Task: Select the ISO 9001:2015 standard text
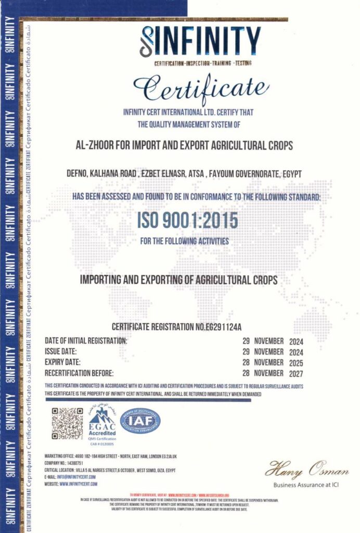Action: pos(187,221)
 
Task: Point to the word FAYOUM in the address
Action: pos(226,173)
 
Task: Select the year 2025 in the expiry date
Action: pos(294,362)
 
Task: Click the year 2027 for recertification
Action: pos(294,373)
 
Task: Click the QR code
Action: pos(67,423)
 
